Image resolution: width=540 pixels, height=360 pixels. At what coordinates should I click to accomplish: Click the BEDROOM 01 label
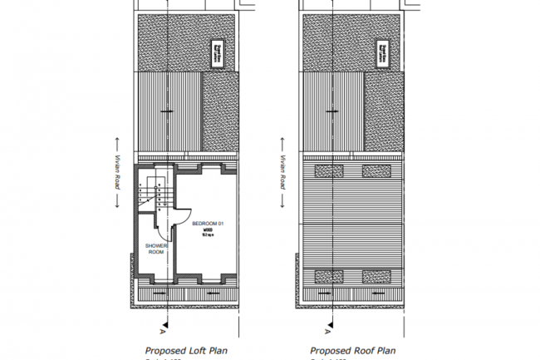[209, 224]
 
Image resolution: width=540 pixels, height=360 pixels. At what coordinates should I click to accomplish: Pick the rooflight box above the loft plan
[218, 51]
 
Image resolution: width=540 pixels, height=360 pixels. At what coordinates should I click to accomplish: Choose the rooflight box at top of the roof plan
[384, 51]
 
